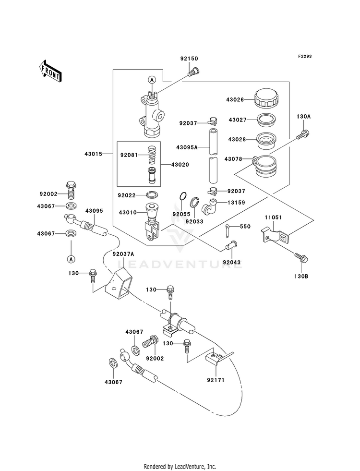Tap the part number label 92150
pyautogui.click(x=189, y=59)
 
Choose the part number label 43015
pyautogui.click(x=93, y=154)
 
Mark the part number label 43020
pyautogui.click(x=180, y=165)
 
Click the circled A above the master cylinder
pyautogui.click(x=152, y=80)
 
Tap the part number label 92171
pyautogui.click(x=216, y=380)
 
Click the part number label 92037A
pyautogui.click(x=123, y=254)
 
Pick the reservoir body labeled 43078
pyautogui.click(x=265, y=166)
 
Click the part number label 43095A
pyautogui.click(x=186, y=147)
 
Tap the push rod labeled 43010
pyautogui.click(x=152, y=223)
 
